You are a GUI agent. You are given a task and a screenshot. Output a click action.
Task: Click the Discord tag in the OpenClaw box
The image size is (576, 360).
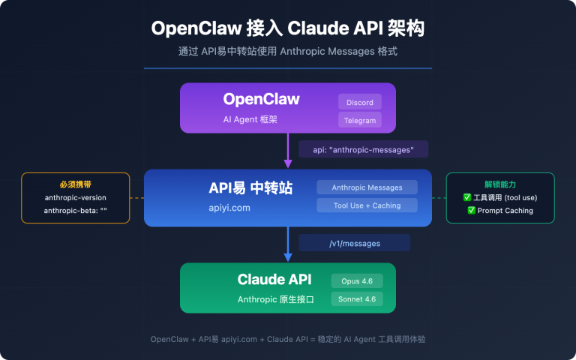[x=360, y=102]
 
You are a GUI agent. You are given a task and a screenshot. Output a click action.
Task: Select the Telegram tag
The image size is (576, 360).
[x=360, y=120]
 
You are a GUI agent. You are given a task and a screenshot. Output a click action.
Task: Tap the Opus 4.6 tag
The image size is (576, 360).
[x=357, y=280]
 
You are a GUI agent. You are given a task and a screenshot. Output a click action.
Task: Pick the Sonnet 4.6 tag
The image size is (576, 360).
[x=357, y=298]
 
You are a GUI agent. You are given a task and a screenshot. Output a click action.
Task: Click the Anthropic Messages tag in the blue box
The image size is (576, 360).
[x=367, y=187]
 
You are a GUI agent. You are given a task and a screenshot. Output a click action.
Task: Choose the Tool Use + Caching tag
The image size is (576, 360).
[x=367, y=205]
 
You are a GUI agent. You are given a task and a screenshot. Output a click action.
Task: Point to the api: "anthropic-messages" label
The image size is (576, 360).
[x=363, y=149]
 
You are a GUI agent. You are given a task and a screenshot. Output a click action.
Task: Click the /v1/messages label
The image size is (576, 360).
[x=354, y=243]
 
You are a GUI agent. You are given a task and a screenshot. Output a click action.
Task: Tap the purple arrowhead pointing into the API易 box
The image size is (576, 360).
[x=288, y=163]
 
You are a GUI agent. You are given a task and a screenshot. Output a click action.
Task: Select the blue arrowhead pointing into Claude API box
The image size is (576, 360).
[x=288, y=256]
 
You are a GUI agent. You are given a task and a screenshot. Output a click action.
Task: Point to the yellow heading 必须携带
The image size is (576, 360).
[x=75, y=184]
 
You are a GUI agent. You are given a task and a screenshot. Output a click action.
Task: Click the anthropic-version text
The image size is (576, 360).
[x=75, y=198]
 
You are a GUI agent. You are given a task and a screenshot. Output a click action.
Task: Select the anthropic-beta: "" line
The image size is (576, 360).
[x=75, y=211]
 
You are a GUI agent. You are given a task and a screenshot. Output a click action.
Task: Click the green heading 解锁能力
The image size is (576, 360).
[x=500, y=184]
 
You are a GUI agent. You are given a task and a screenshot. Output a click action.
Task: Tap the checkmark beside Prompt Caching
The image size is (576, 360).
[x=472, y=211]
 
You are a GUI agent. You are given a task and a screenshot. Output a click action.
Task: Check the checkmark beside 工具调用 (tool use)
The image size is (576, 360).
[x=467, y=198]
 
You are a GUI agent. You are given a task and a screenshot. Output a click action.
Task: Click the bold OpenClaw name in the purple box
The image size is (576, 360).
[x=261, y=100]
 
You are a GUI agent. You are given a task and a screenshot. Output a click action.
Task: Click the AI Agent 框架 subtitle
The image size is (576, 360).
[x=250, y=120]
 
